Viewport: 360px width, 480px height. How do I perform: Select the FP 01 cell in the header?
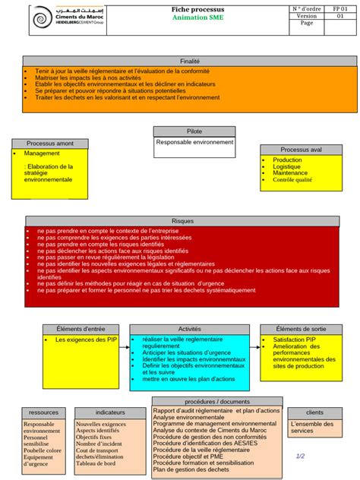tap(339, 8)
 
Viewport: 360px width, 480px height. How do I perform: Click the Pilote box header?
tap(194, 131)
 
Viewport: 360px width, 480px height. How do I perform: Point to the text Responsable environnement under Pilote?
tap(194, 142)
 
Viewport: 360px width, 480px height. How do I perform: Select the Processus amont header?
tap(50, 144)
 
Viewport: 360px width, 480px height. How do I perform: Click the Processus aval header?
tap(301, 150)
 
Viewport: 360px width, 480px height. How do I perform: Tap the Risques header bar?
tap(182, 220)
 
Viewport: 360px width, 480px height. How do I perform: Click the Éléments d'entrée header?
tap(81, 329)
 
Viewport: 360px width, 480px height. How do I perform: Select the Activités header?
tap(189, 329)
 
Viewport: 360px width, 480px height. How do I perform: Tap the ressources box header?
tap(43, 412)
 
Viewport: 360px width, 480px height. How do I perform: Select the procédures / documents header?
tap(216, 401)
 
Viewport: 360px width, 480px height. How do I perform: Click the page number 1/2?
tap(300, 456)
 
